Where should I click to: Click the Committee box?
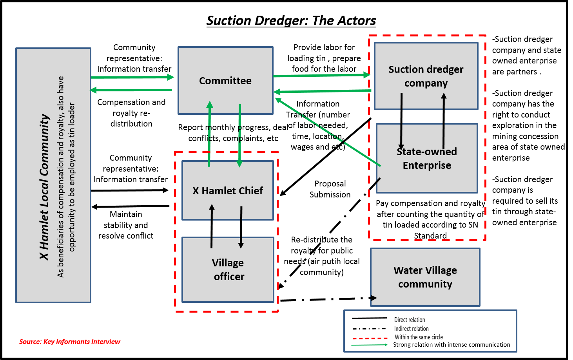225,81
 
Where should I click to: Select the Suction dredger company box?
426,76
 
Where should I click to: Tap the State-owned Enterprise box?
427,158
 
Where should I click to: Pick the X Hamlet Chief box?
228,191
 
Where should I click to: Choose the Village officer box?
228,270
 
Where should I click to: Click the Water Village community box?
425,277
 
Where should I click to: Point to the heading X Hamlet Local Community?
44,187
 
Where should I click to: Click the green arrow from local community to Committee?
132,77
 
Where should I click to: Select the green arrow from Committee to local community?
132,90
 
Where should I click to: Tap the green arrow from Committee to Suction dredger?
321,75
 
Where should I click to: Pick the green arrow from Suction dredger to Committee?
322,91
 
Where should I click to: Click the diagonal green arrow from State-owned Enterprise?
327,132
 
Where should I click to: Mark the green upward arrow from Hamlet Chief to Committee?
210,134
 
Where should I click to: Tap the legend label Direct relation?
410,320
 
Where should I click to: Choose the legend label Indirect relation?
411,329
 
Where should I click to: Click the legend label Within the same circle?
419,337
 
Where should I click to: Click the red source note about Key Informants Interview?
70,342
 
